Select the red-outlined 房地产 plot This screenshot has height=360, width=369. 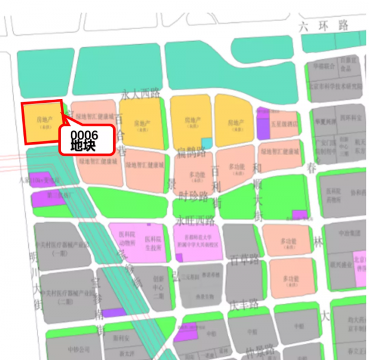pos(43,122)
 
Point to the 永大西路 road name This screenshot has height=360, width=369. pos(140,94)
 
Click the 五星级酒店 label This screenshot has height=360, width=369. pos(284,123)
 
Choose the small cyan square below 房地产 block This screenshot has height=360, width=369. pos(207,143)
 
